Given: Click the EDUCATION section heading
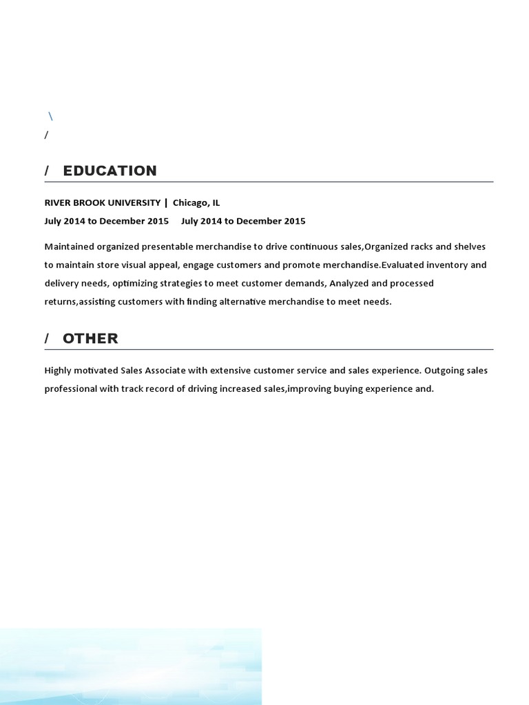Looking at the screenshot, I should tap(110, 171).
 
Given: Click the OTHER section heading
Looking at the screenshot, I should tap(90, 338).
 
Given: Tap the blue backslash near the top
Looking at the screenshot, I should tap(50, 116).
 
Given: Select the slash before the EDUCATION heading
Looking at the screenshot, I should tap(47, 171).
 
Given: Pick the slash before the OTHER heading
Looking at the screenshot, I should tap(47, 338).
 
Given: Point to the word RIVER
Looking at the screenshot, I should tap(57, 202).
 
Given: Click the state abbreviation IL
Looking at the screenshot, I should tap(216, 202).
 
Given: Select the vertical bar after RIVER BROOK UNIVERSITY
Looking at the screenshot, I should tap(166, 202).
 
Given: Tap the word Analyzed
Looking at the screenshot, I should tap(351, 283).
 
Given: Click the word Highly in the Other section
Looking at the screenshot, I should tap(59, 370).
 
